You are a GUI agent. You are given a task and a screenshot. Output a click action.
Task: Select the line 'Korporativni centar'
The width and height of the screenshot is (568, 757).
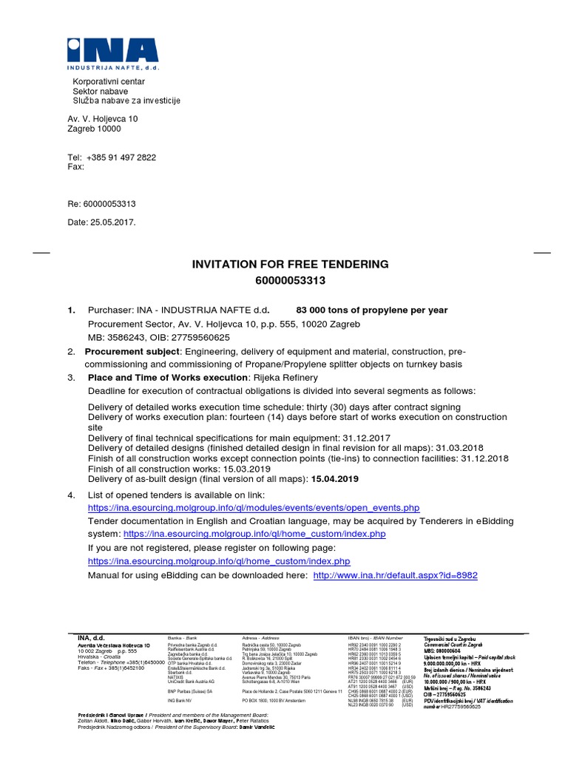[x=108, y=81]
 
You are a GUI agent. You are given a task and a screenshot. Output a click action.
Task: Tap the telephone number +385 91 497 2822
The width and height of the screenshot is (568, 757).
[x=121, y=157]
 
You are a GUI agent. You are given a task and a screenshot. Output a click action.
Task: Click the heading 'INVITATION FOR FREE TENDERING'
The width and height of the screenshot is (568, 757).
[x=290, y=264]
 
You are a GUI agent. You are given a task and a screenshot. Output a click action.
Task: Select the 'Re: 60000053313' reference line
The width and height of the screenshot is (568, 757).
[x=101, y=204]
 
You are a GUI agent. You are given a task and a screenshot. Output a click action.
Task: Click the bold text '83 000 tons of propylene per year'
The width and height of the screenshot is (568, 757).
[x=371, y=310]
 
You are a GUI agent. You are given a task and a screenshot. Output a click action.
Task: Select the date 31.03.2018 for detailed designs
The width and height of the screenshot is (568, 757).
[x=460, y=448]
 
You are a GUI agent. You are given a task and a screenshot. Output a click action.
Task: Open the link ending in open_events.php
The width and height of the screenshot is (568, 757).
[x=254, y=508]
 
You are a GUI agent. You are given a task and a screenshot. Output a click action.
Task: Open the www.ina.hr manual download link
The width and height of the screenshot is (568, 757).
[x=396, y=575]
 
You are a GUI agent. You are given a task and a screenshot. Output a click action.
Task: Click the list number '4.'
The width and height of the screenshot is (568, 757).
[x=72, y=495]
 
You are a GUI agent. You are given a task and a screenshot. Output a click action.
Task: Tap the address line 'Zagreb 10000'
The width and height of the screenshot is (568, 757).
[x=94, y=129]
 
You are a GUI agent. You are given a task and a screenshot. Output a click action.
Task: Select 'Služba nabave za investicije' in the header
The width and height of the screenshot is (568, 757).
[x=126, y=101]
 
